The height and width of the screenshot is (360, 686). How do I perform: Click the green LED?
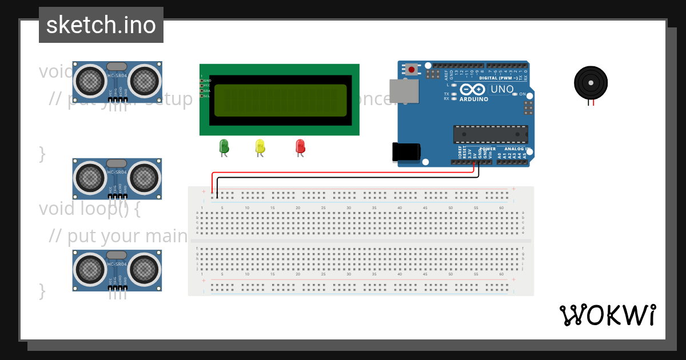click(x=224, y=146)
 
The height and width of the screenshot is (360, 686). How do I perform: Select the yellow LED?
click(x=260, y=146)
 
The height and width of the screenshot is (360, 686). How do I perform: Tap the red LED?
click(x=300, y=146)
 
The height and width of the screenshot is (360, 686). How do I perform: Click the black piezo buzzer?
click(x=591, y=83)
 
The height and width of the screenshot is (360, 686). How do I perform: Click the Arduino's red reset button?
click(x=412, y=70)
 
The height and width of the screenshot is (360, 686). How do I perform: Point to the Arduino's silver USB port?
click(x=404, y=91)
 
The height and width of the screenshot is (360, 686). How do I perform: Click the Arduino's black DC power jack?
click(x=406, y=152)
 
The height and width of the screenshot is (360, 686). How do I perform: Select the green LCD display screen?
click(x=280, y=100)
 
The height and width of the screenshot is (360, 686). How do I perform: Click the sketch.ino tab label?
click(x=101, y=25)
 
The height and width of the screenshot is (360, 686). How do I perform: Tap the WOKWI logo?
click(x=607, y=315)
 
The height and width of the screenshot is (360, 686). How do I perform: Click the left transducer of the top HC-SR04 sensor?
click(x=90, y=80)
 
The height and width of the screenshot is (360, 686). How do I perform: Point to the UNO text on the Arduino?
click(x=502, y=89)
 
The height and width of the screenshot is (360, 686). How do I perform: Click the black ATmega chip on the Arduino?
click(x=490, y=134)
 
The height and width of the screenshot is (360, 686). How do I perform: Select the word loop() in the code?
click(x=108, y=209)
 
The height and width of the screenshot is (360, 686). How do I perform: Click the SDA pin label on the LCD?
click(x=206, y=91)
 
